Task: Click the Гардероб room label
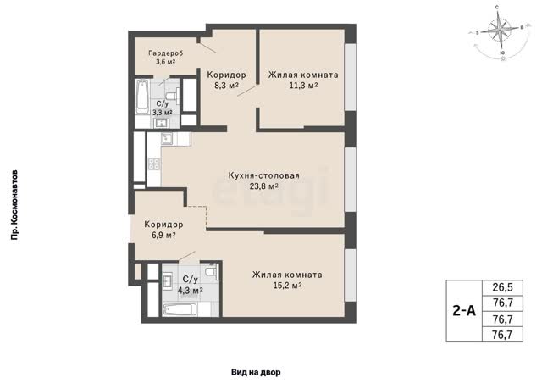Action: [x=166, y=53]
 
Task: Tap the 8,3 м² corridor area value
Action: [x=226, y=86]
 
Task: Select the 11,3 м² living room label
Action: [x=303, y=80]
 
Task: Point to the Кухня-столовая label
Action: [x=263, y=175]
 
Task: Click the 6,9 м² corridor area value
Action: [x=163, y=236]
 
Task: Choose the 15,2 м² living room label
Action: [x=287, y=280]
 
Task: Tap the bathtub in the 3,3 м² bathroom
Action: [x=141, y=97]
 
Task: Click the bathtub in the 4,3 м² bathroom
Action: [x=180, y=309]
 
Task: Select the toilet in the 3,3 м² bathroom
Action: [x=173, y=97]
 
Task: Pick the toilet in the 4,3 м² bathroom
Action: [x=211, y=270]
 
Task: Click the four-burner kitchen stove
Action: [x=154, y=164]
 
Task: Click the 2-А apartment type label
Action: [x=464, y=311]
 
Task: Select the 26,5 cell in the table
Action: [x=502, y=287]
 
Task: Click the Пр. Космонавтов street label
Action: [x=14, y=205]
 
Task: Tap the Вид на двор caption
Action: [x=256, y=372]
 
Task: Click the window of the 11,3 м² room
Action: [x=350, y=77]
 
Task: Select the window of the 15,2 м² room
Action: [x=350, y=275]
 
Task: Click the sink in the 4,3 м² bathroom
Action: [x=169, y=280]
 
